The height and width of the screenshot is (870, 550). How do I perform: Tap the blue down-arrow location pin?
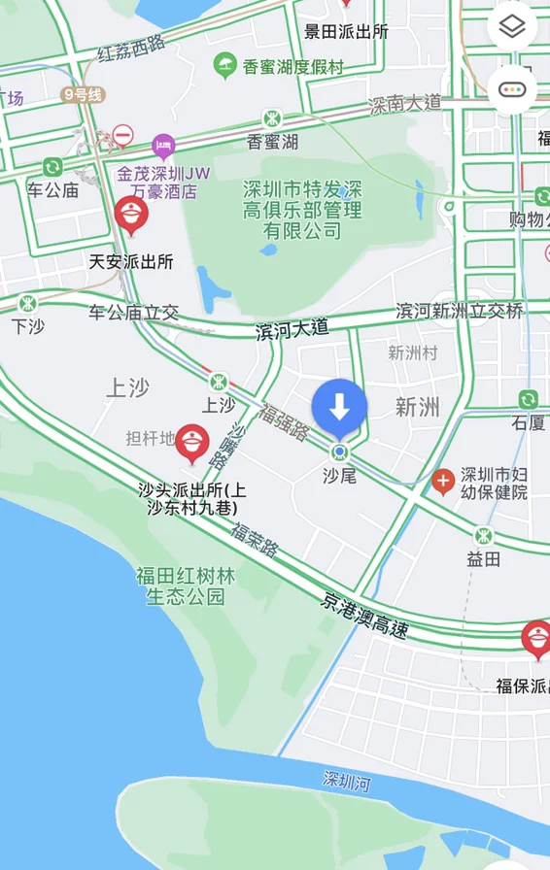coord(339,408)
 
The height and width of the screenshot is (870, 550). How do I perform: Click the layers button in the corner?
coord(512,27)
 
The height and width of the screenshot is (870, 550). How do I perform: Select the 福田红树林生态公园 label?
coord(186,586)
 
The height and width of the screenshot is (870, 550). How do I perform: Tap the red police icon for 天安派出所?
coord(131,216)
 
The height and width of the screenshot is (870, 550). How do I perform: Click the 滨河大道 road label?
coord(292,331)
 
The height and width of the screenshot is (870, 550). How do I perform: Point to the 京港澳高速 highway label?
coord(364,615)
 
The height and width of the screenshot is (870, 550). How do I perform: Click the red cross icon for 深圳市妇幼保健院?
coord(443,481)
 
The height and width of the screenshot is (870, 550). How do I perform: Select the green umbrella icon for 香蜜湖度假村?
coord(225,66)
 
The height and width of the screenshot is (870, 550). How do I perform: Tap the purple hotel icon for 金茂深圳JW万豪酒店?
coord(163,148)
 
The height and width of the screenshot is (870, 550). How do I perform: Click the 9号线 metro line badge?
coord(82,94)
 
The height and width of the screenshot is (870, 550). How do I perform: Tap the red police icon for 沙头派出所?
coord(192,444)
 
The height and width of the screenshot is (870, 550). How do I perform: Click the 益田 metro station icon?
coord(483,535)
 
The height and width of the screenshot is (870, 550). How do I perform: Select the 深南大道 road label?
coord(405,103)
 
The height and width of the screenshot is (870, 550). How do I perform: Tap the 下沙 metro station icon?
coord(28,303)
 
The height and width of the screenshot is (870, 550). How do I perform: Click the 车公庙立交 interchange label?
coord(134,313)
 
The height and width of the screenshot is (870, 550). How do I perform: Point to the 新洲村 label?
coord(412,352)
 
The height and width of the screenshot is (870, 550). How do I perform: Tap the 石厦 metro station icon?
coord(528,399)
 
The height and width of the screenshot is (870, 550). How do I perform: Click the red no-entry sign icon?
coord(122,135)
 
